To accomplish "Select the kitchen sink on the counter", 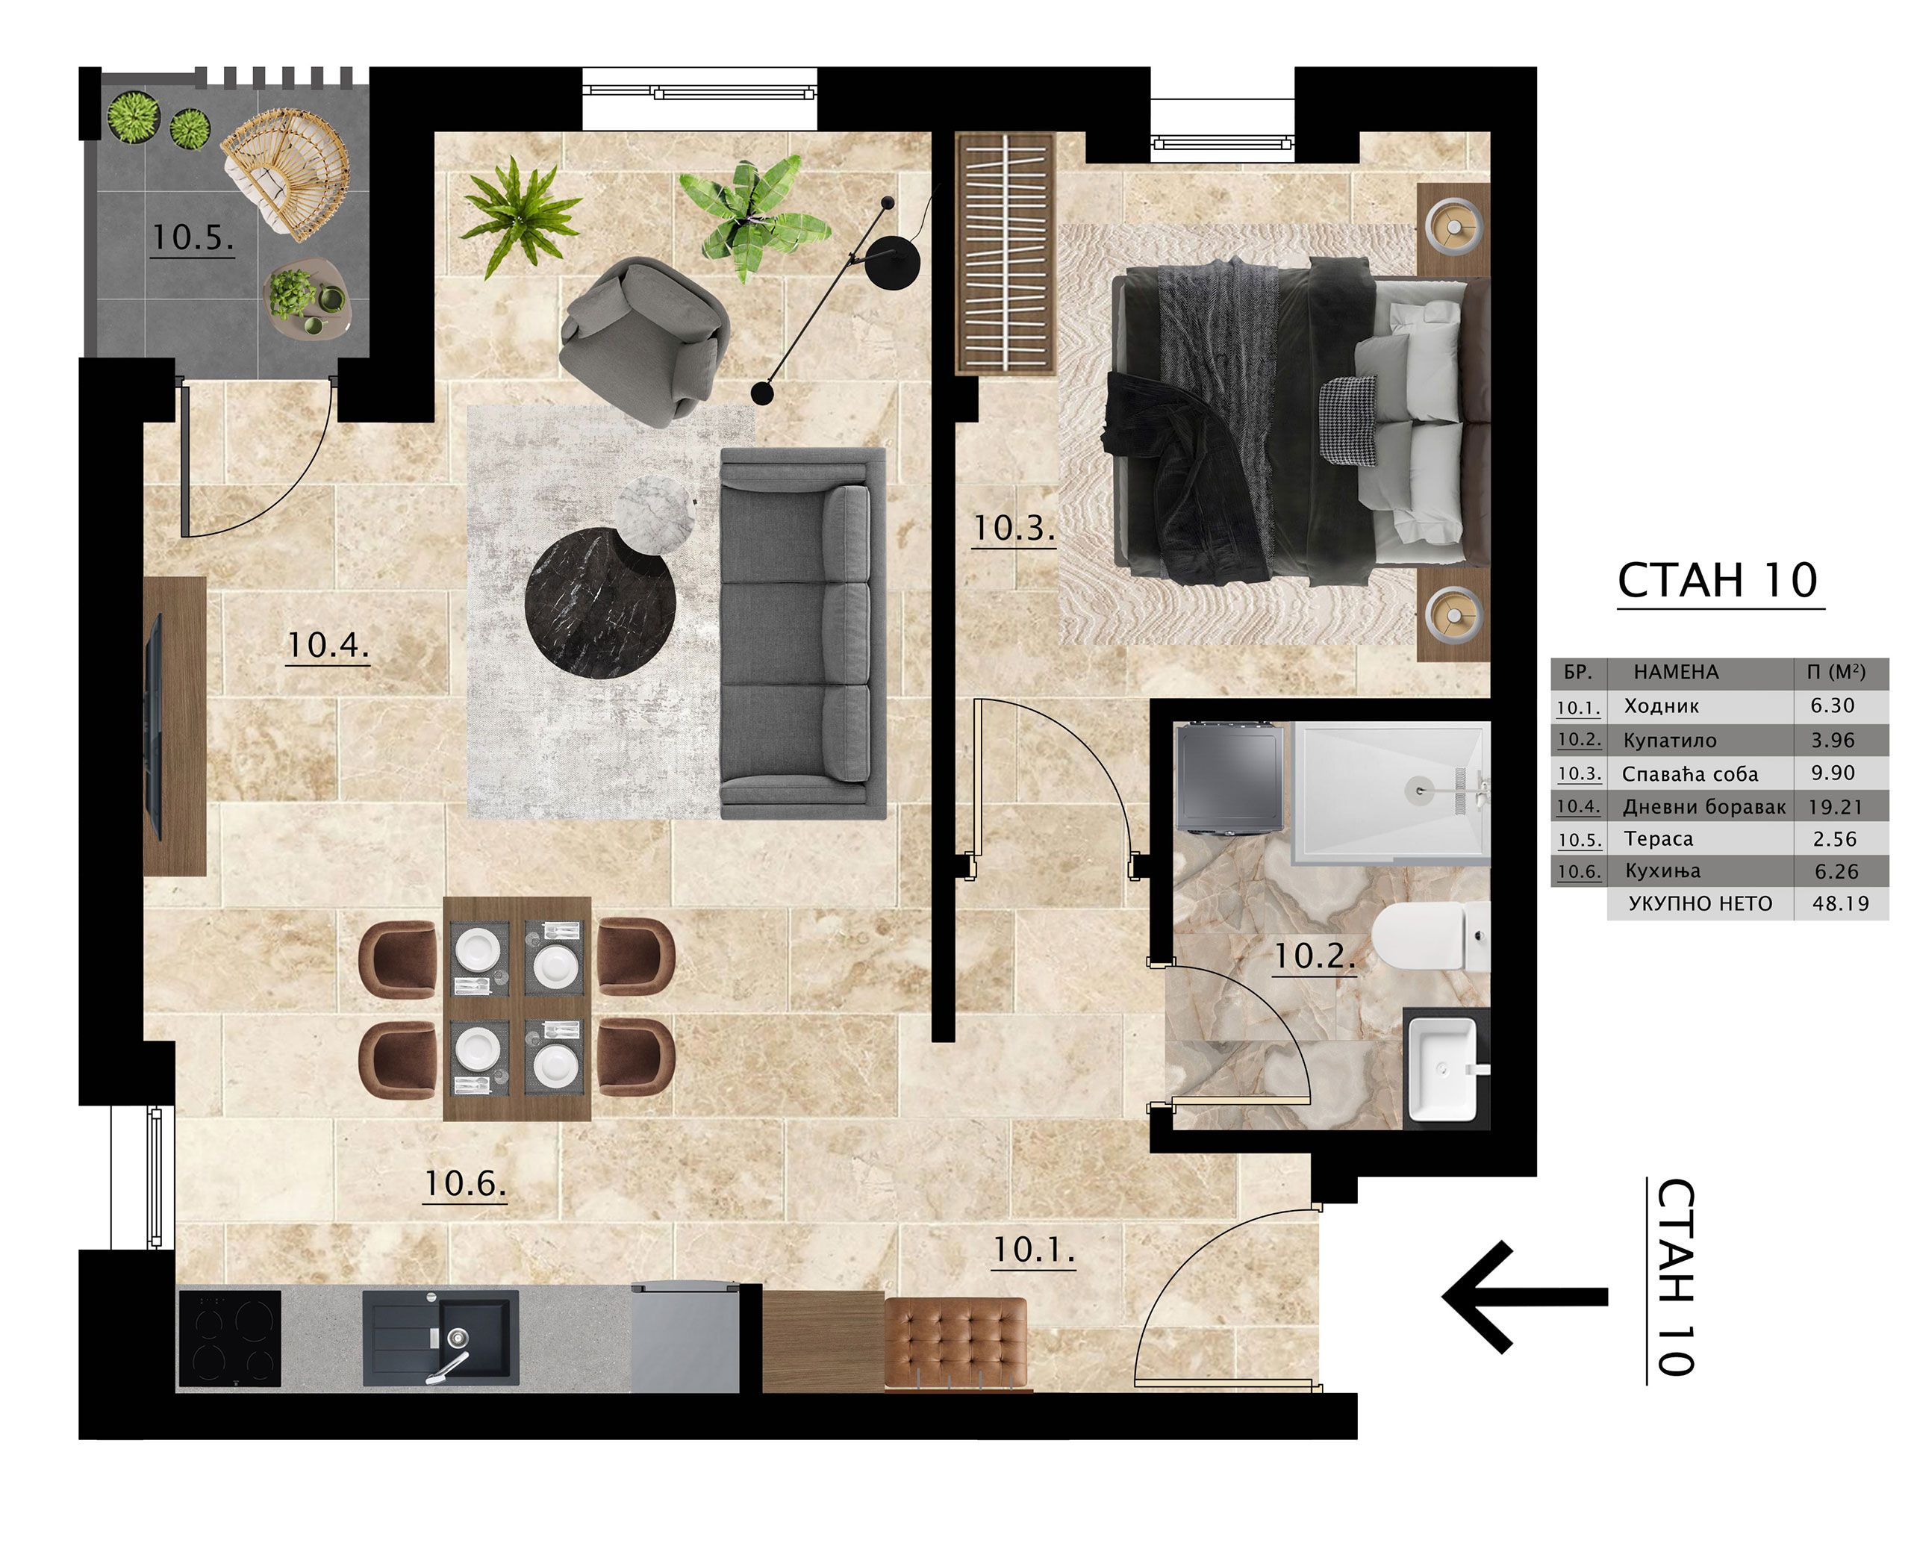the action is click(x=440, y=1337).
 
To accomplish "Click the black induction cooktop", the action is click(x=230, y=1338).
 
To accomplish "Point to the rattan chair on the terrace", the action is click(x=285, y=173).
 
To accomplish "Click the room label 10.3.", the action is click(x=1013, y=528).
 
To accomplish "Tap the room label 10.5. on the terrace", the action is click(x=192, y=238).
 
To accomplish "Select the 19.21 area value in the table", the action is click(x=1835, y=807).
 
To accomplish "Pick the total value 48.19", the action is click(x=1840, y=904).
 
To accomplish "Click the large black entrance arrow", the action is click(x=1524, y=1297).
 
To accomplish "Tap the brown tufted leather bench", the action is click(x=956, y=1344).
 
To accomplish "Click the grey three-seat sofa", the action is click(x=803, y=633).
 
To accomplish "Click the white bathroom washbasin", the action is click(x=1444, y=1069).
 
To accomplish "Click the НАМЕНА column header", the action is click(x=1676, y=672).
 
